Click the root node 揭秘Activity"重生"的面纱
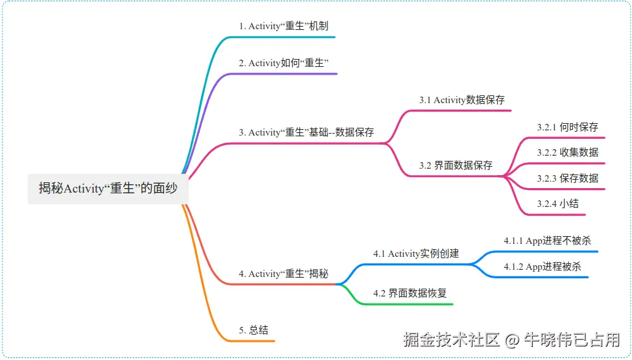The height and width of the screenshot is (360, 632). point(108,188)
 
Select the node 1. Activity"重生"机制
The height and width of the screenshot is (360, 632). point(283,27)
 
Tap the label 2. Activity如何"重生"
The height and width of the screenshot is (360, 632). point(285,63)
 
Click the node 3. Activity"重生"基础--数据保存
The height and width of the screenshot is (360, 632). point(306,132)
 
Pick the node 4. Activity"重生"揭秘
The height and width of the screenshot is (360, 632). point(283,274)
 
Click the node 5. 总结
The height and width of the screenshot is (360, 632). point(253,330)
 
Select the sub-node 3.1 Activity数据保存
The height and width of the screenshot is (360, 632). point(462,100)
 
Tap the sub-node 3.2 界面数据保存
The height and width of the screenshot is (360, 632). point(456,165)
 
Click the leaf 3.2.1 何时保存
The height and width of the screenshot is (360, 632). point(567,127)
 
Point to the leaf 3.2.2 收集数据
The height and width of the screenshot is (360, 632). point(567,152)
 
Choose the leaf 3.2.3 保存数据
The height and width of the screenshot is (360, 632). point(567,178)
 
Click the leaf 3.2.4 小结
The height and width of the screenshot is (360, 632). point(557,203)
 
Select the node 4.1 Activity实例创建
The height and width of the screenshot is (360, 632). point(415,254)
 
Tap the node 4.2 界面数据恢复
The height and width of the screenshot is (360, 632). point(410,293)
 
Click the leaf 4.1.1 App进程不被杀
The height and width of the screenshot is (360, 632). point(547,241)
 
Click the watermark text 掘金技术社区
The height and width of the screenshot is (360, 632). point(452,339)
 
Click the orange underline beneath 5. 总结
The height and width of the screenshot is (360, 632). point(253,341)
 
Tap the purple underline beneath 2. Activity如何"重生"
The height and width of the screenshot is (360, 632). point(285,73)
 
